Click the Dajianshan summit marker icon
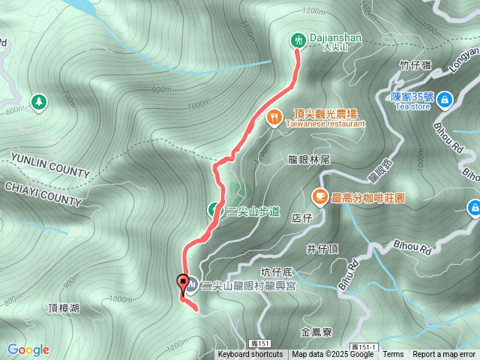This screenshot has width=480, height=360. [298, 39]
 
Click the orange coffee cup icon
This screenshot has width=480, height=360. [319, 196]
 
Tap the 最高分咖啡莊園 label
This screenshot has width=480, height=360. [368, 198]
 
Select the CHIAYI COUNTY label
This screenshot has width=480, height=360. [43, 193]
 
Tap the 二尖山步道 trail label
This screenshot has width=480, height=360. [253, 212]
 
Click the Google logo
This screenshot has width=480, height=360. [28, 349]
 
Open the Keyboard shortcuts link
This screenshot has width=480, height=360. [250, 355]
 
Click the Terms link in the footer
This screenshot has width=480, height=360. [393, 355]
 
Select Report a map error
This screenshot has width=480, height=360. [444, 355]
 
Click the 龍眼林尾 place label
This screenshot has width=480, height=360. [309, 160]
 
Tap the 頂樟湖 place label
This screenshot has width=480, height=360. [63, 307]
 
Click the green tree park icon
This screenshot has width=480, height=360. [37, 100]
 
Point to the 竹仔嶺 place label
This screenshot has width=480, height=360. [415, 66]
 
